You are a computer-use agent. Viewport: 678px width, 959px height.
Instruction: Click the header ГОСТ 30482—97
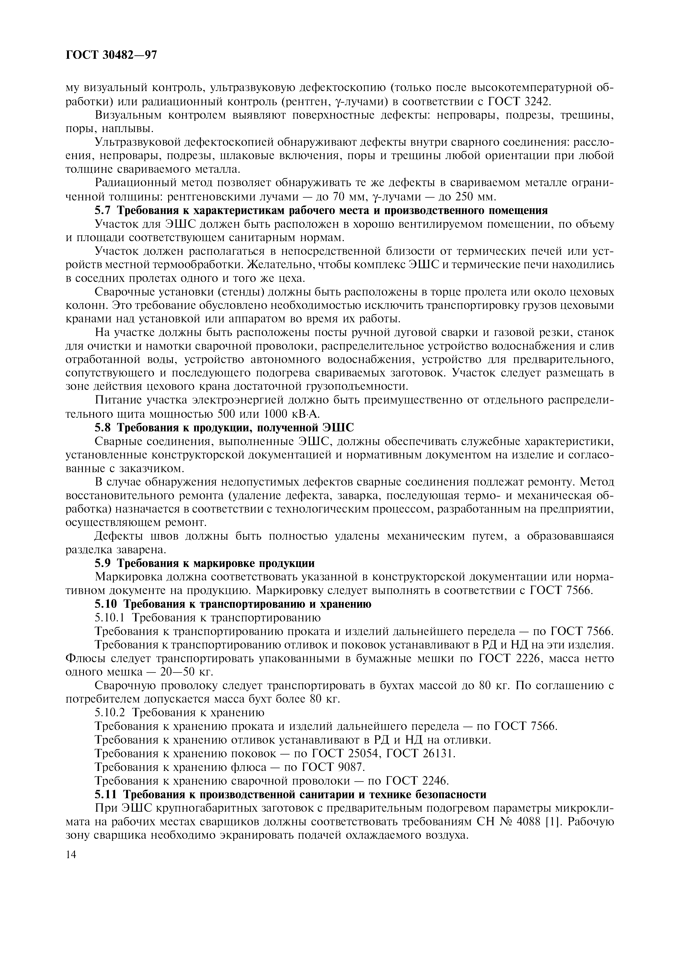point(112,55)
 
